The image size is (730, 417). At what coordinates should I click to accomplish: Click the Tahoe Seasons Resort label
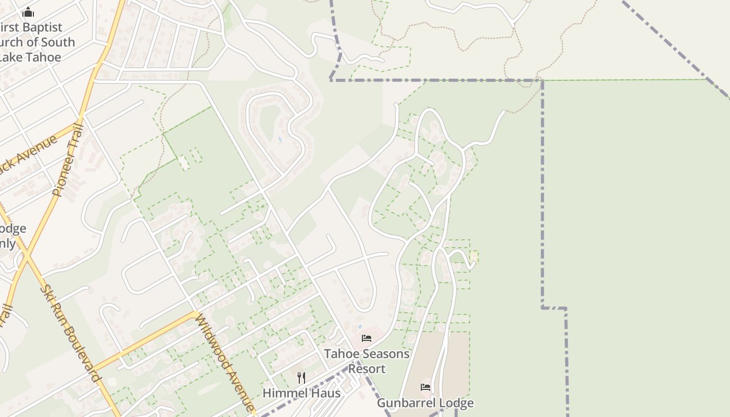(x=367, y=361)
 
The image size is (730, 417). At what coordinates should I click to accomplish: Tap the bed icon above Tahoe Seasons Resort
(x=367, y=338)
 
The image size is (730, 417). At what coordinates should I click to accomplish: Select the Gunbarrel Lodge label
(x=425, y=403)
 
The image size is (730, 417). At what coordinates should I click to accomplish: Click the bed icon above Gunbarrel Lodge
(x=425, y=387)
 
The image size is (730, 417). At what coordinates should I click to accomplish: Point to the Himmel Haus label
(x=301, y=393)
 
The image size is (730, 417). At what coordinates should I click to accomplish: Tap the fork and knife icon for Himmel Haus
(x=301, y=377)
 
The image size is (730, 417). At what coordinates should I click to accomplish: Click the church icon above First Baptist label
(x=29, y=12)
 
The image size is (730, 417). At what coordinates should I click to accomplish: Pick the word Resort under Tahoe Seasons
(x=367, y=369)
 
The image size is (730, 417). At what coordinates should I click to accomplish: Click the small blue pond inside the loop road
(x=279, y=140)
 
